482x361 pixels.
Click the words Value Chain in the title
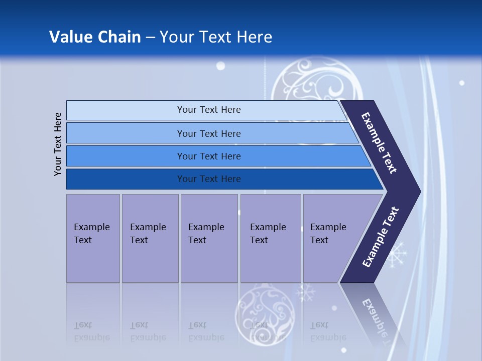coord(95,37)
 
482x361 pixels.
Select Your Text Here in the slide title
coord(216,37)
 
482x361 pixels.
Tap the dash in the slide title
coord(150,38)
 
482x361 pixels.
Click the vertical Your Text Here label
coord(58,144)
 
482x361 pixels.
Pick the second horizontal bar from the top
coord(208,133)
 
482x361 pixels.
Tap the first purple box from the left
coord(93,238)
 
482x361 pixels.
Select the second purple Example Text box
coord(150,238)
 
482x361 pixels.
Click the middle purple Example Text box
coord(209,238)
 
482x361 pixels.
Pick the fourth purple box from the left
coord(271,238)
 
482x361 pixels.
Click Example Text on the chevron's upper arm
coord(379,143)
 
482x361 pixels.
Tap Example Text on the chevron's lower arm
coord(381,237)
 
